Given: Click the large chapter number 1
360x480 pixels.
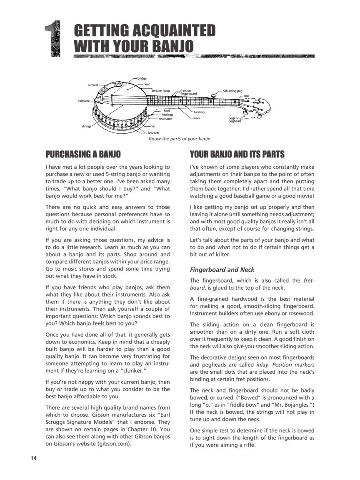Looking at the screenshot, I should point(53,39).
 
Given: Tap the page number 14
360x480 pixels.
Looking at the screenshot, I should point(34,458).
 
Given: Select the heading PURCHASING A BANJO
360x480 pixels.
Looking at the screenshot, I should point(83,155).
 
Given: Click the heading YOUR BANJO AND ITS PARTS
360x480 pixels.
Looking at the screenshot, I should point(237,155).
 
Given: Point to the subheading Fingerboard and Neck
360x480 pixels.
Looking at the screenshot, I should point(222,270).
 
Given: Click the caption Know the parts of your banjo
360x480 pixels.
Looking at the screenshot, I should point(180,139).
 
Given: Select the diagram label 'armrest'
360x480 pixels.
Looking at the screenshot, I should point(92,85).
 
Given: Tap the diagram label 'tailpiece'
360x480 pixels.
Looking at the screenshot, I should point(84,101).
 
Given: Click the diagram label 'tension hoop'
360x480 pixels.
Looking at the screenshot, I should point(161,90).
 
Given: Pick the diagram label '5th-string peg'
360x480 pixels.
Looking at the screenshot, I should point(232,90).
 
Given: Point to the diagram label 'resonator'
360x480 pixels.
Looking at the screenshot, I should point(165,119).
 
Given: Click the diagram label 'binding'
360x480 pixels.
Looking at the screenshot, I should point(199,112).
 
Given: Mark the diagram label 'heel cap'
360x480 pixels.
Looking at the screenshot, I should point(167,115).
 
